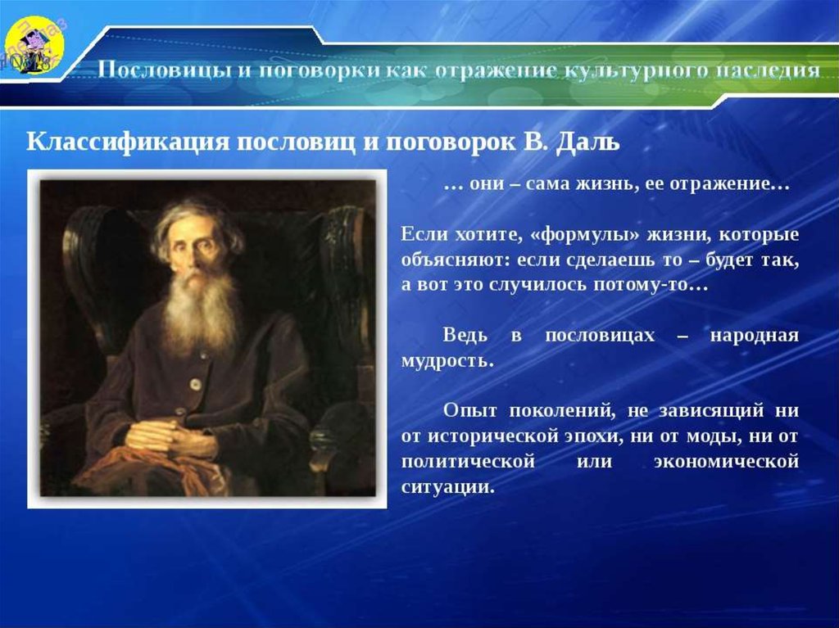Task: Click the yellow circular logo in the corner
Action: (35, 45)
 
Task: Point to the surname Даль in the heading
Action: (588, 142)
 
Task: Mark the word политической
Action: (468, 462)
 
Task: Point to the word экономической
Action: (726, 462)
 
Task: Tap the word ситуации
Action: (447, 487)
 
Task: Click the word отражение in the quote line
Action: (730, 184)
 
